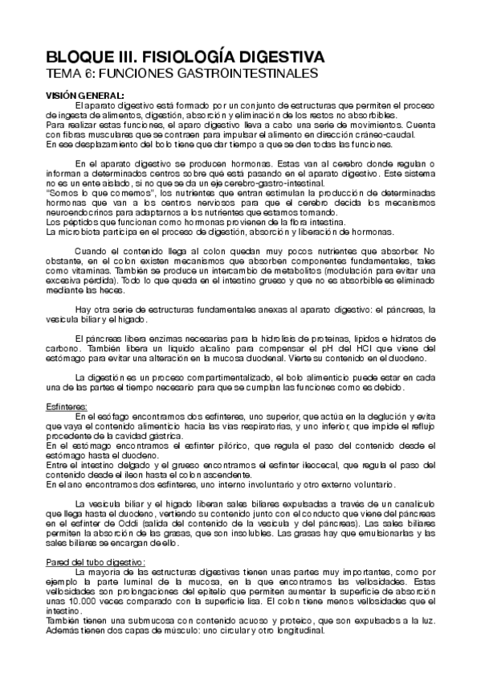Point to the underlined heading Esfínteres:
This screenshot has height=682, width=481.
click(68, 407)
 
